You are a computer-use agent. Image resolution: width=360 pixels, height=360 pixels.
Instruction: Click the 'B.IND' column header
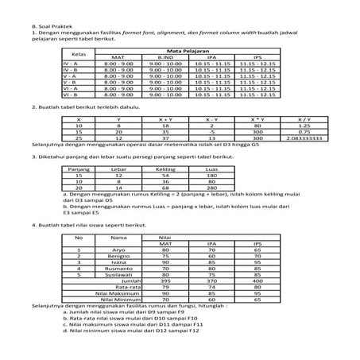click(165, 57)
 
